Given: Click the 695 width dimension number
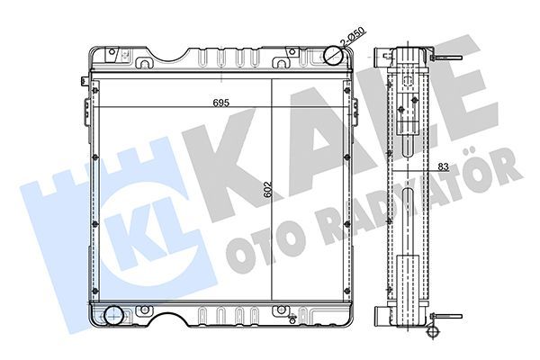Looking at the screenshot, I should click(x=220, y=102).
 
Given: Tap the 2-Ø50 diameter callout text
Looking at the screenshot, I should click(x=353, y=40).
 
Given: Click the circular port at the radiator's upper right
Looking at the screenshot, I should click(x=335, y=56).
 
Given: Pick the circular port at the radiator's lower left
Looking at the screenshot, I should click(x=114, y=315).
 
